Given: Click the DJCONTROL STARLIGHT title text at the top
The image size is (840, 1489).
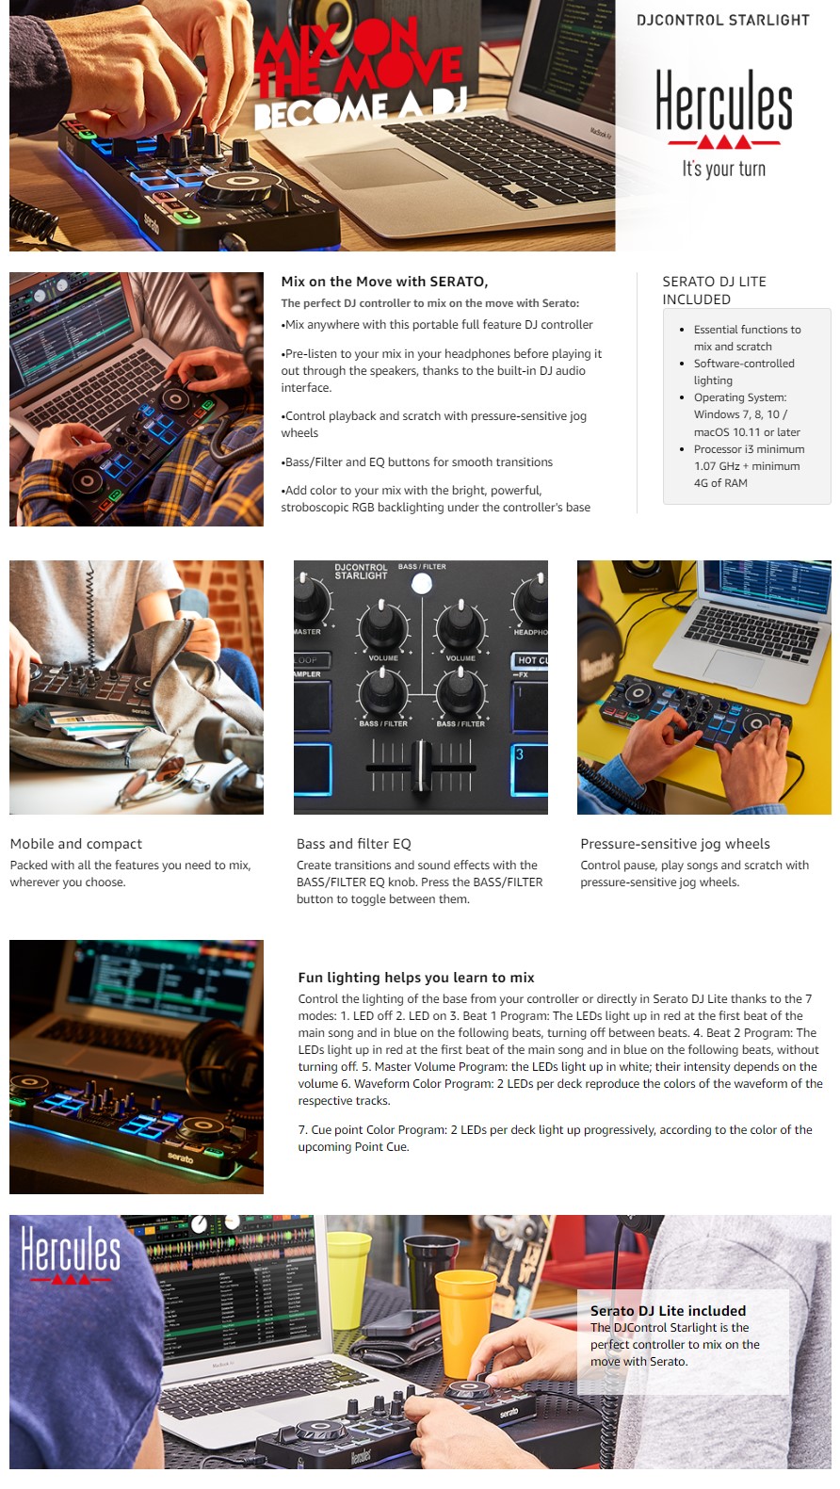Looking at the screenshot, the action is [723, 20].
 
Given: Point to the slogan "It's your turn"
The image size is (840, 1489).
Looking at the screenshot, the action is [724, 169].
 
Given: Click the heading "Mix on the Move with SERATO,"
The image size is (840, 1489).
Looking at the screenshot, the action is [384, 282].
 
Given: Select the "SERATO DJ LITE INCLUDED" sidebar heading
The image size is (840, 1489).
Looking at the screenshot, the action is [715, 290].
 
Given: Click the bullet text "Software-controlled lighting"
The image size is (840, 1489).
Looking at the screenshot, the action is [744, 372].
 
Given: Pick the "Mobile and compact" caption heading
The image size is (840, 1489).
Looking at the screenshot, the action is [75, 844].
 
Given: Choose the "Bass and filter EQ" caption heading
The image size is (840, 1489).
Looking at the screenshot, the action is [353, 844].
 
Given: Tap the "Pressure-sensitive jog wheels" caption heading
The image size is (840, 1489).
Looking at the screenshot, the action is [674, 844].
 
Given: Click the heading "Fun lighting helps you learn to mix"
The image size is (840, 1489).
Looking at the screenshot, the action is [416, 978].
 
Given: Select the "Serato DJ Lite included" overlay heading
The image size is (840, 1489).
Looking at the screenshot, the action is [668, 1310].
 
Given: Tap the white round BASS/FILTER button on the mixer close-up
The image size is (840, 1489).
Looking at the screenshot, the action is [421, 584].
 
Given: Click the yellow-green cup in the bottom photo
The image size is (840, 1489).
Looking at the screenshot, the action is [347, 1280].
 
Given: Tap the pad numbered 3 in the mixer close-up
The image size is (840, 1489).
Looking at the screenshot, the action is [529, 769].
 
